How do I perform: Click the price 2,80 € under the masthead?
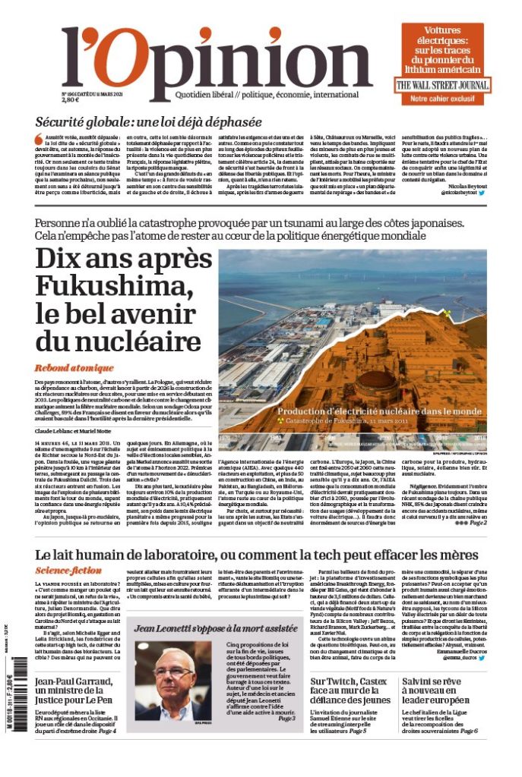[71, 99]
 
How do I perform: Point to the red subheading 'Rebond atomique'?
[73, 368]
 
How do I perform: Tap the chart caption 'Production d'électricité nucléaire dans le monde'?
[379, 411]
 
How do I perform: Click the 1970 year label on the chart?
[226, 439]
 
